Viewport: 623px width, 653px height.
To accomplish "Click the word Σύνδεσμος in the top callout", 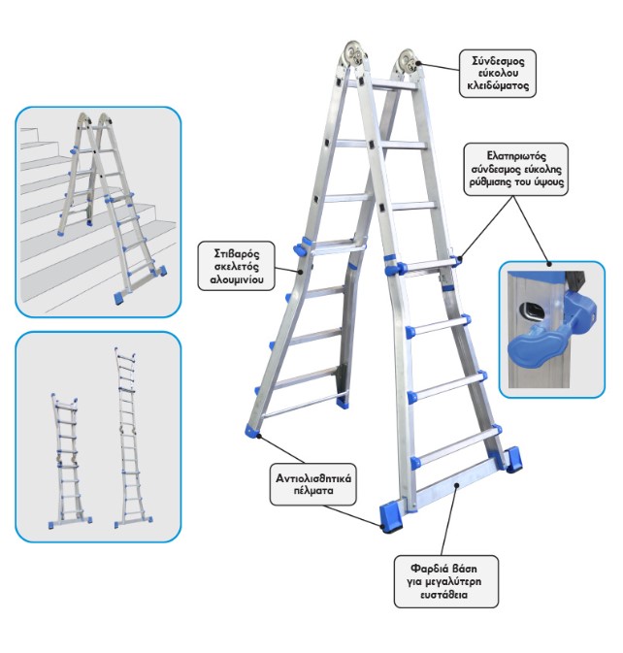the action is [x=498, y=61].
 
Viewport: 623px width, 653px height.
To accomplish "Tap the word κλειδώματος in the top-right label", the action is [x=498, y=85].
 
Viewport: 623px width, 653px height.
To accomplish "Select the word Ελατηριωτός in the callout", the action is [x=516, y=156].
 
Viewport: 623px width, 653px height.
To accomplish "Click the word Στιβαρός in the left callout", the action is [x=236, y=253].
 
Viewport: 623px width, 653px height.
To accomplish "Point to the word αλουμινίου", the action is [x=237, y=279].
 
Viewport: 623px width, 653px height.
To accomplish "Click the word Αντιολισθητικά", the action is [x=313, y=478].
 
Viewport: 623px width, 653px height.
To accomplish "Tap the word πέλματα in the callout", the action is [x=313, y=491].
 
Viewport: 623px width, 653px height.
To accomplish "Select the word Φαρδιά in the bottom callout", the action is [x=427, y=569].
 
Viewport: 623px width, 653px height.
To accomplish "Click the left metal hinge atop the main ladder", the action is [x=353, y=54].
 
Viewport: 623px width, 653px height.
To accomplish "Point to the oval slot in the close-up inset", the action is [x=531, y=310].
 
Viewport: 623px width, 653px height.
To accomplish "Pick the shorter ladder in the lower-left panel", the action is [x=69, y=461].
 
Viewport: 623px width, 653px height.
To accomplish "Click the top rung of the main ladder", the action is [x=381, y=83].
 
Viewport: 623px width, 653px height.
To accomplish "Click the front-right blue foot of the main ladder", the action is [x=391, y=518].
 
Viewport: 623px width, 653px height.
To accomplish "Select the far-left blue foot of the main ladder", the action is [x=252, y=430].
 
